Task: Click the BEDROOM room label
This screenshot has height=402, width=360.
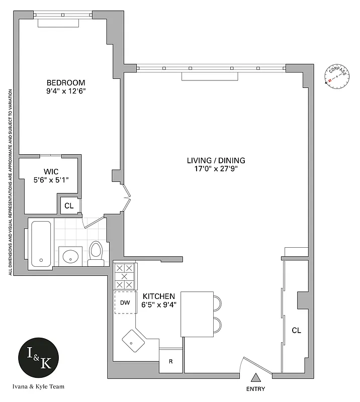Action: click(x=66, y=83)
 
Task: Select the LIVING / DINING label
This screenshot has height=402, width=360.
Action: click(x=216, y=161)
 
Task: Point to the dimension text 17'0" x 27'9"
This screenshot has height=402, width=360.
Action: click(x=216, y=169)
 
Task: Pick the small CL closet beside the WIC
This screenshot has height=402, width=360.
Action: click(x=69, y=205)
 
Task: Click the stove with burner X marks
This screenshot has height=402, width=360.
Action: click(x=125, y=276)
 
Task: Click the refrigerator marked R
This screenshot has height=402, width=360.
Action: click(x=171, y=361)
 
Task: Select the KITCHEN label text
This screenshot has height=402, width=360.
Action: click(x=159, y=296)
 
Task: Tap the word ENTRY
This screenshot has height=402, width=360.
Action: click(x=255, y=389)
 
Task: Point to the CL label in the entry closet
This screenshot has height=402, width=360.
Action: click(x=296, y=331)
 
